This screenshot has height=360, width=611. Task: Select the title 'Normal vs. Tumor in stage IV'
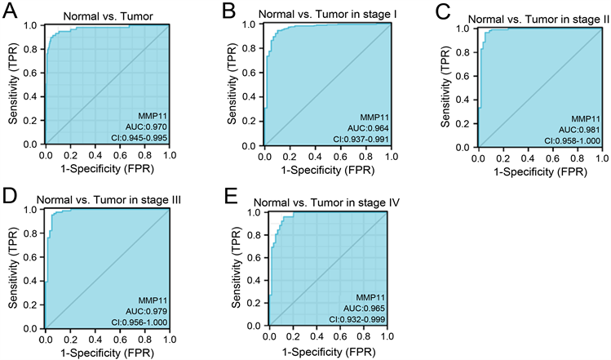[x=327, y=202]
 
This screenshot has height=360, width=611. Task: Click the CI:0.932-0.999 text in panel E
[x=355, y=319]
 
